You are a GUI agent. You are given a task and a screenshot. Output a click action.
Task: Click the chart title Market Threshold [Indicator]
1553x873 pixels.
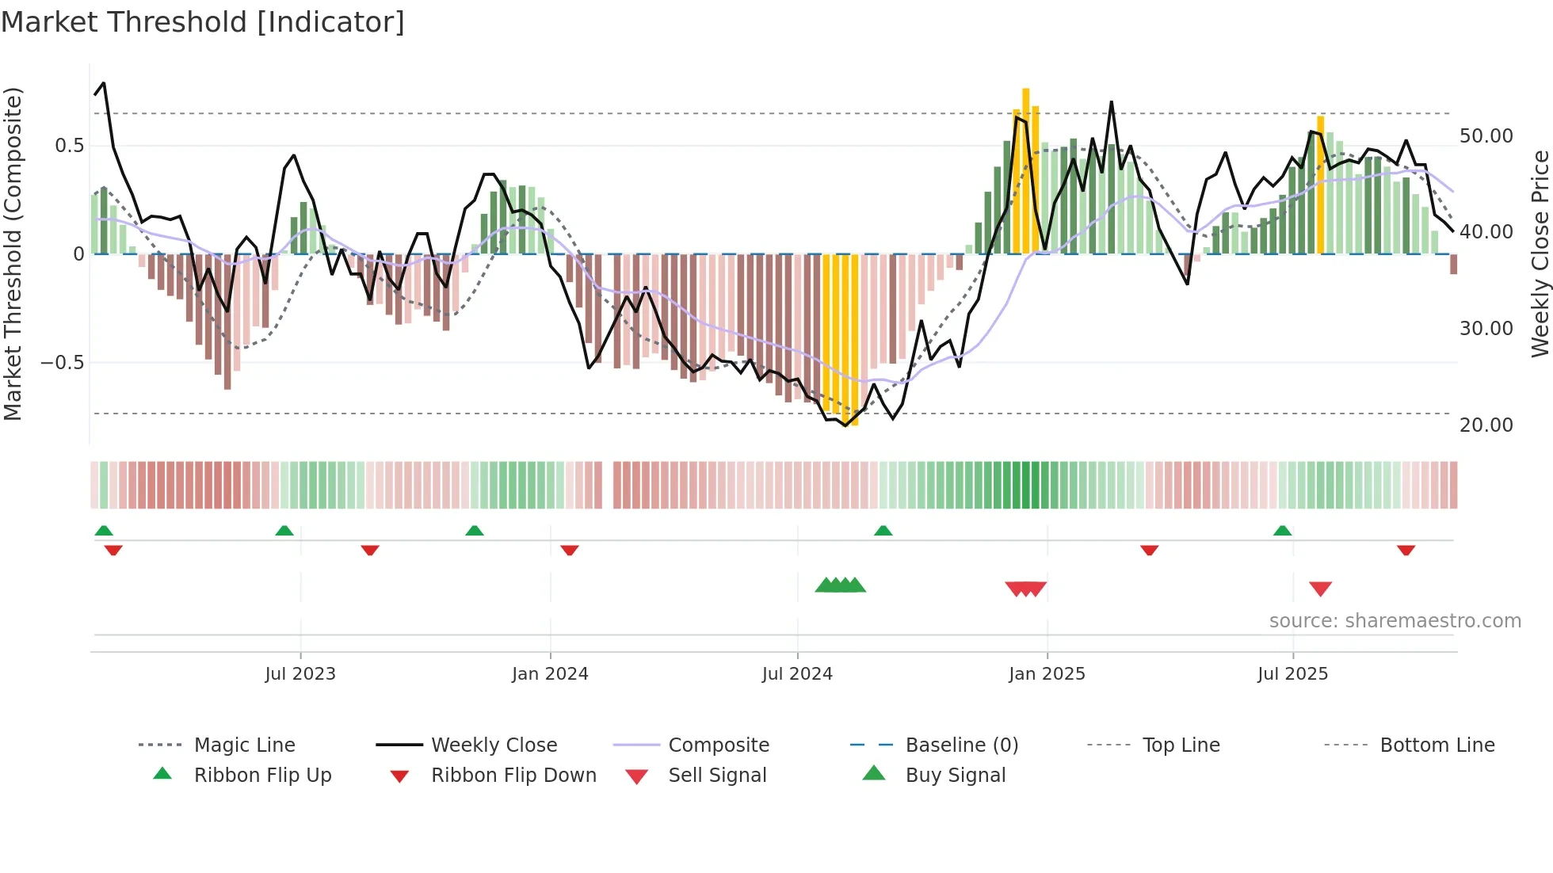(203, 22)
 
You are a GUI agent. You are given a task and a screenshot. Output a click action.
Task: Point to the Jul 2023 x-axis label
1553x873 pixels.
(300, 674)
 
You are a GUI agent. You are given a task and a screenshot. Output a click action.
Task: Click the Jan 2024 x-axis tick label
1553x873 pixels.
(550, 674)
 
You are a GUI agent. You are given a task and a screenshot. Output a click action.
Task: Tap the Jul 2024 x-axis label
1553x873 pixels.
(797, 674)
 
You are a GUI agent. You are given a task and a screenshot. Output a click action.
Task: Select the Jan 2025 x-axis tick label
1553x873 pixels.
(1047, 674)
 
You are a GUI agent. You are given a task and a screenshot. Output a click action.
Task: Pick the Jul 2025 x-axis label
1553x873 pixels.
(1292, 674)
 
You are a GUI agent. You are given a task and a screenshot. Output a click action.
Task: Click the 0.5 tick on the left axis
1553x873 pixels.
(69, 146)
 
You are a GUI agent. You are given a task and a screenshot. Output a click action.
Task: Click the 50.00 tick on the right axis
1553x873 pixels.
(1486, 136)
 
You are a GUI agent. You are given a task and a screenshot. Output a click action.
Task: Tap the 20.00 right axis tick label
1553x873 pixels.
(1486, 425)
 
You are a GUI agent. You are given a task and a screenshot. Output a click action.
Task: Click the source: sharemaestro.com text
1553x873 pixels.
(1395, 621)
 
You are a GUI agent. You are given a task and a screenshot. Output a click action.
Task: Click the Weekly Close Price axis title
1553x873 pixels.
(1540, 254)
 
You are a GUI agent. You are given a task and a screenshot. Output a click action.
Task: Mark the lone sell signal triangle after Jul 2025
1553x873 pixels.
(1320, 589)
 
